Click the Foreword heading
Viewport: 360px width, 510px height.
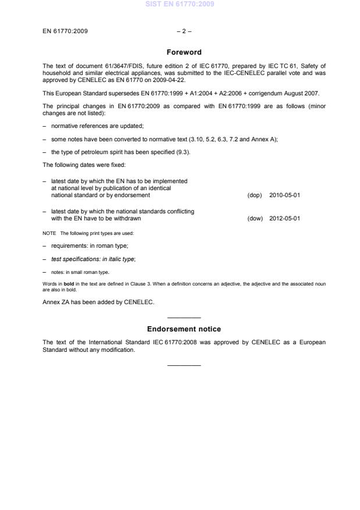(x=184, y=52)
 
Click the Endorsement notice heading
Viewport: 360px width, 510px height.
(x=184, y=329)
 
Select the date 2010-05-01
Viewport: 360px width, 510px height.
(x=285, y=195)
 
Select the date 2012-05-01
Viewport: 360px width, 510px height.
(x=285, y=219)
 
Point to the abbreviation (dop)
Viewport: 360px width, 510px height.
(x=255, y=195)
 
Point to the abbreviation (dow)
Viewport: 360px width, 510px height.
(x=255, y=219)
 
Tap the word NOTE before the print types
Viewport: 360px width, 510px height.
(x=49, y=233)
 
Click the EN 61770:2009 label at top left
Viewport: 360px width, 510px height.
(x=65, y=30)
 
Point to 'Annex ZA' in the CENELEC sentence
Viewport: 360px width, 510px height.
(x=56, y=301)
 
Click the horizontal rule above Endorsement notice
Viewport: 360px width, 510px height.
(x=184, y=318)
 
